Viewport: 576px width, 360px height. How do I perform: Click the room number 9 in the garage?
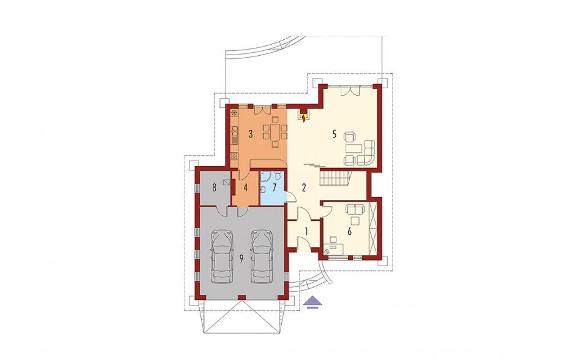point(241,259)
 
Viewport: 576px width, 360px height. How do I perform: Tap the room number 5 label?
point(335,134)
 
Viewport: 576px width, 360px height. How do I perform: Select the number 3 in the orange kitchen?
point(251,134)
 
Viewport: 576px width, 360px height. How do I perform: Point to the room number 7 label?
point(274,188)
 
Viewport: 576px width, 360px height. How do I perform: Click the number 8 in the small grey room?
point(214,188)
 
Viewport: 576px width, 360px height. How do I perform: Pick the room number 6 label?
point(350,232)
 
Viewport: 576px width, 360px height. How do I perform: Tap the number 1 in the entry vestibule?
point(306,232)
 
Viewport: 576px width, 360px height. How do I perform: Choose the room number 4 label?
point(245,188)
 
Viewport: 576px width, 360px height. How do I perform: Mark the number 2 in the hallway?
point(303,188)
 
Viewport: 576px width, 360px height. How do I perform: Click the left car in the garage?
point(222,257)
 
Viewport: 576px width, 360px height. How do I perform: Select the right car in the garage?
point(262,257)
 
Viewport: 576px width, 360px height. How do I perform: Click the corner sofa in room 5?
point(368,153)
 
